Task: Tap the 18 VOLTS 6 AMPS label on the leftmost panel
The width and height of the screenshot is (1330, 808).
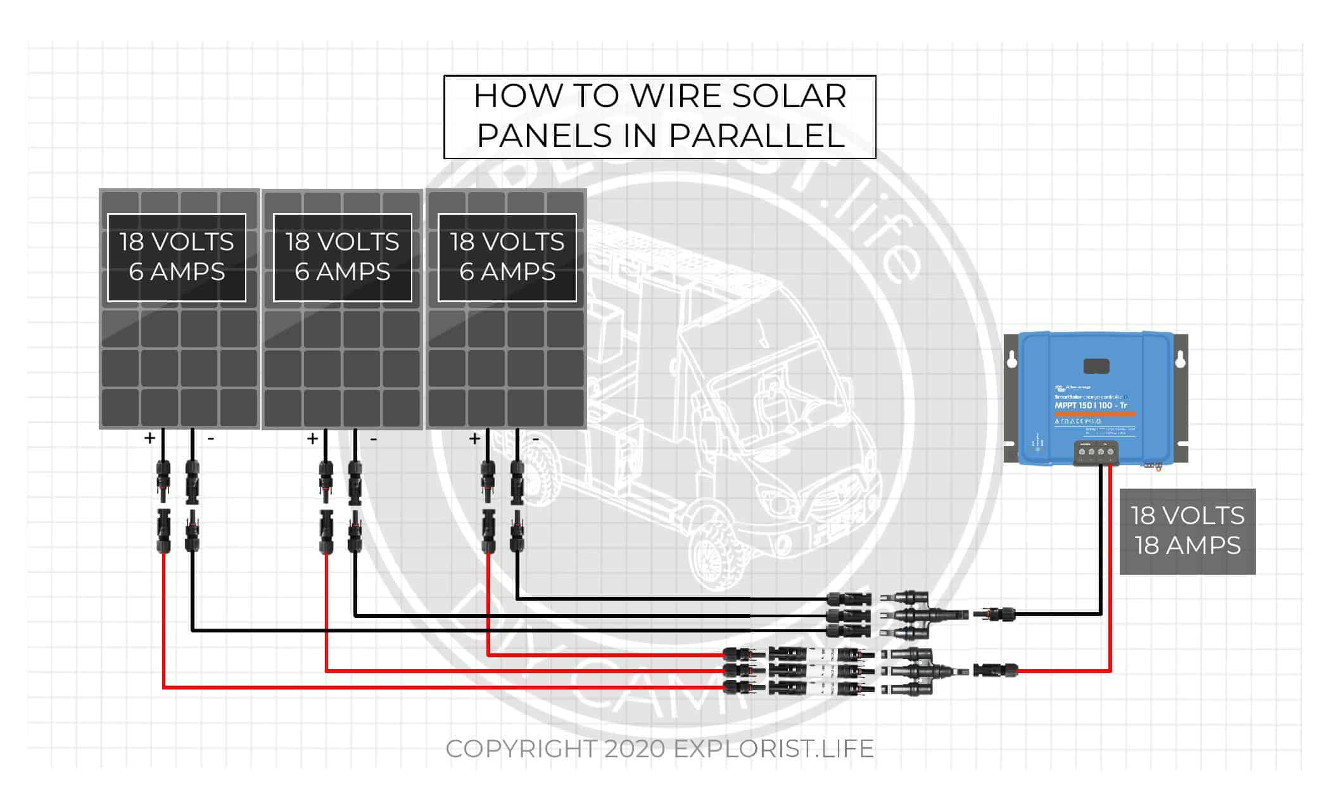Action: (x=177, y=257)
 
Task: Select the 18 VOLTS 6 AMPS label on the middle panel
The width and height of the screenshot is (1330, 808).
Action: (x=342, y=257)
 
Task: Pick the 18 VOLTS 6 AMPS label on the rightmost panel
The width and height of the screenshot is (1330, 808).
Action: (x=507, y=257)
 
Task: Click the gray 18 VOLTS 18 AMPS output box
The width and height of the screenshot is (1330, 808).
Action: (x=1187, y=531)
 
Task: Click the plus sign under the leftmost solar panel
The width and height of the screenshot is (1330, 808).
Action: (x=149, y=438)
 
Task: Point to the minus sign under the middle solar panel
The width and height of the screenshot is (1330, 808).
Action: (x=374, y=439)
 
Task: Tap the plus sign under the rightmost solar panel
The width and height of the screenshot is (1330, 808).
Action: (x=474, y=438)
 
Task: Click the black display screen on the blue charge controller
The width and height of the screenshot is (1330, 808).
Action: (x=1096, y=366)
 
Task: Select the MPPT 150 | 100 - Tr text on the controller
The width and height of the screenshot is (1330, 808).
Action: (x=1091, y=406)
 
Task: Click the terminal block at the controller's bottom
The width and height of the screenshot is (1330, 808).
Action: (x=1096, y=452)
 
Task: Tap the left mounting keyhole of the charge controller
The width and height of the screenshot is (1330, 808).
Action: (x=1012, y=360)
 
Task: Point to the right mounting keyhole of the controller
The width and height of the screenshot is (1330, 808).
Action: (x=1180, y=360)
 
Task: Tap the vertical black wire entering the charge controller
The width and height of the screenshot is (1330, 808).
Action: (x=1101, y=545)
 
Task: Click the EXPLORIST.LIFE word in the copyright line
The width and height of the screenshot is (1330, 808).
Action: (x=773, y=749)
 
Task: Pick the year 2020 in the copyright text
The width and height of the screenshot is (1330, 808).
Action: (x=635, y=749)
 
